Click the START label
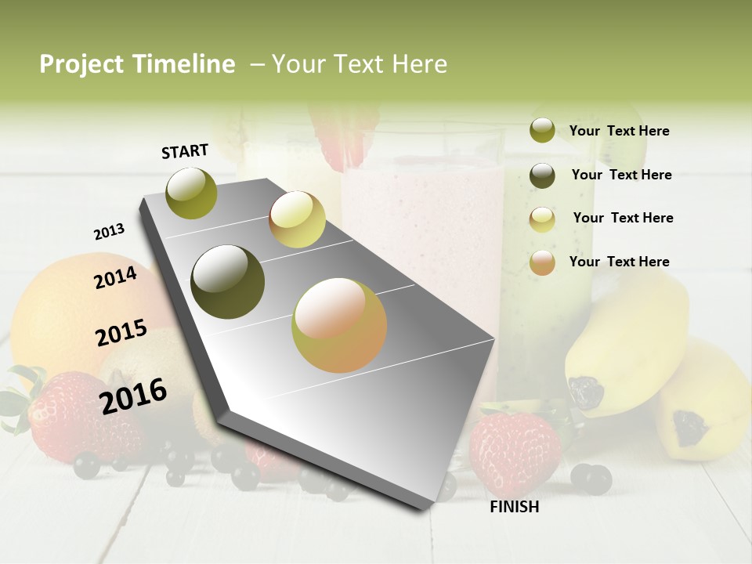[x=185, y=151]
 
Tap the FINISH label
[x=515, y=507]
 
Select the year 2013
[x=110, y=232]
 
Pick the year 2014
[x=115, y=277]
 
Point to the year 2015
[x=121, y=333]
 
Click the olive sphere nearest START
[x=192, y=193]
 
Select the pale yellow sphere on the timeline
[x=297, y=219]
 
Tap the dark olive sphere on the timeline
[x=228, y=282]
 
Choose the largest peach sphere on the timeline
[x=339, y=325]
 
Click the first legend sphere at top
[x=542, y=130]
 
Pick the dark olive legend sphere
[x=542, y=175]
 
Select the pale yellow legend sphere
[x=542, y=219]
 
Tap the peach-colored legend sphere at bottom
[x=542, y=262]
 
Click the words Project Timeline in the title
[x=137, y=64]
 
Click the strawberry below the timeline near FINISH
[x=515, y=454]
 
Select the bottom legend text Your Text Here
[x=619, y=262]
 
